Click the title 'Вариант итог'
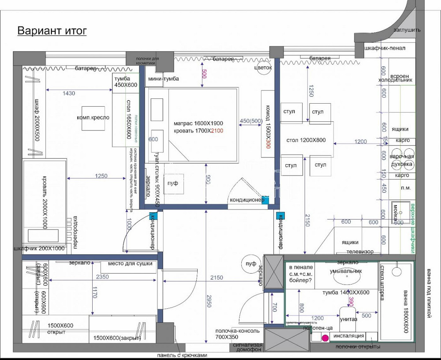(52, 30)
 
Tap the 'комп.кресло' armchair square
(93, 118)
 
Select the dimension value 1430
(69, 93)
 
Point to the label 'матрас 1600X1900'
(198, 123)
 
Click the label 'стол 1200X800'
(306, 141)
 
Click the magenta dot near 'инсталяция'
(325, 338)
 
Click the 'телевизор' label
(360, 251)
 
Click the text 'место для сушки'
(133, 263)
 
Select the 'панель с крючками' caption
(182, 355)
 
